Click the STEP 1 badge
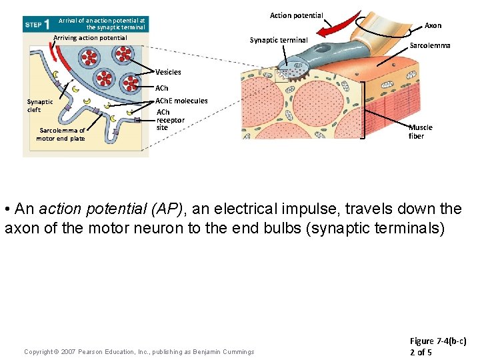click(x=37, y=24)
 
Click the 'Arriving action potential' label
click(x=90, y=38)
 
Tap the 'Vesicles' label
click(x=168, y=72)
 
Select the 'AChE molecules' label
click(x=181, y=101)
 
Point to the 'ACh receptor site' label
click(x=170, y=119)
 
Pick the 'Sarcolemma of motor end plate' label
click(x=61, y=134)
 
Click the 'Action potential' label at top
click(x=296, y=15)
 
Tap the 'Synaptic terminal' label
click(x=279, y=40)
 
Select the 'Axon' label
click(x=433, y=25)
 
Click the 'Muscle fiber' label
click(x=421, y=131)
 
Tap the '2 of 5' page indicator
click(x=421, y=351)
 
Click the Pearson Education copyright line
click(x=139, y=352)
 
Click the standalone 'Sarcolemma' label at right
click(x=429, y=45)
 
